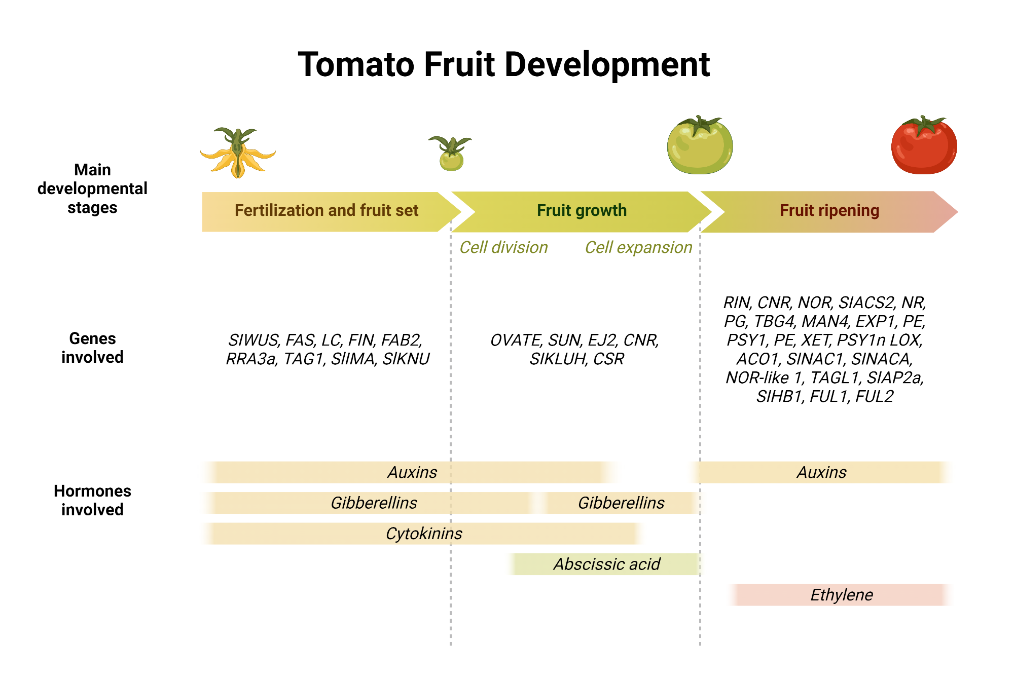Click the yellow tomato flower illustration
[238, 153]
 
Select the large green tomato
[700, 145]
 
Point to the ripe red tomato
[924, 145]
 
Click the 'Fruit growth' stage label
[582, 210]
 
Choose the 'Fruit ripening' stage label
[829, 210]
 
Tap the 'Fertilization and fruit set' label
[327, 210]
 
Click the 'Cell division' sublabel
[503, 247]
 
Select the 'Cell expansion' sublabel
[638, 247]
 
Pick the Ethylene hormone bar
[840, 595]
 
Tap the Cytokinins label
[424, 534]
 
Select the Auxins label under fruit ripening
[821, 472]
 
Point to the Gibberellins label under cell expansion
[621, 503]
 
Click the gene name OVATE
[516, 340]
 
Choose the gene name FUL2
[874, 396]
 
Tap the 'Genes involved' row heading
[92, 348]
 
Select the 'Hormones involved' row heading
[92, 500]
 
